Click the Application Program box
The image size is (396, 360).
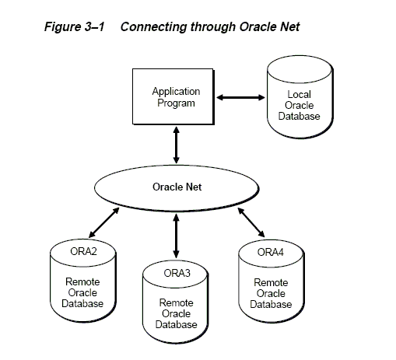173,96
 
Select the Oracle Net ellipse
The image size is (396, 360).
177,188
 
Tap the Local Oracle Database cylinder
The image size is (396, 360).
300,97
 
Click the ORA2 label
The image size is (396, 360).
83,251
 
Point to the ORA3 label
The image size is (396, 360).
177,273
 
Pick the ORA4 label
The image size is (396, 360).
271,252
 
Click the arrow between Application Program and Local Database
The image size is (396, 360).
240,97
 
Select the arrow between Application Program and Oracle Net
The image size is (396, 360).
177,145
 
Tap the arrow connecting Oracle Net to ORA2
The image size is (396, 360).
104,222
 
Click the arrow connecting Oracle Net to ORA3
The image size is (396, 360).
177,236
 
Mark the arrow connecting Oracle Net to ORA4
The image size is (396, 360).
251,222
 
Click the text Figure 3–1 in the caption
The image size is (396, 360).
75,27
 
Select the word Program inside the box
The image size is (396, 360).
176,103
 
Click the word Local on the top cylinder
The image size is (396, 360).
299,94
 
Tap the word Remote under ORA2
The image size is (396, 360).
82,281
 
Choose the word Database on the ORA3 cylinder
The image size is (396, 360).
176,324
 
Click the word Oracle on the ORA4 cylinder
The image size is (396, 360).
271,293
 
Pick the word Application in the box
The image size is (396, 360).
176,92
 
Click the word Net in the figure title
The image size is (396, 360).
290,27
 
